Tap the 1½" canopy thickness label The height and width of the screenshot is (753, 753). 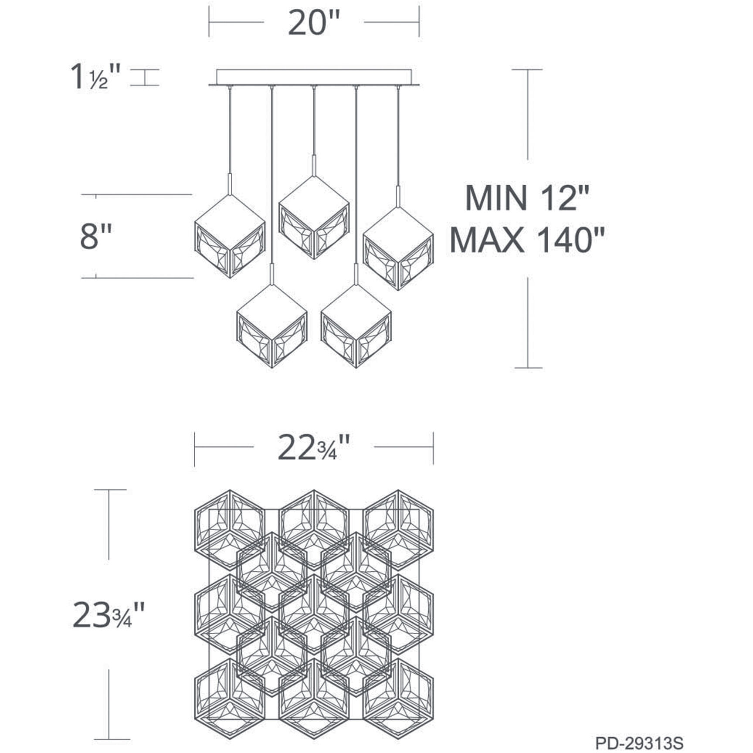click(x=95, y=77)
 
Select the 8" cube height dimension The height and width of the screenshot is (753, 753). click(x=96, y=237)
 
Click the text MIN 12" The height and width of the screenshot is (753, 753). click(x=527, y=198)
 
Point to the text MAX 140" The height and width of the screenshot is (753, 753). click(x=527, y=240)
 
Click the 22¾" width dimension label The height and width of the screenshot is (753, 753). click(x=313, y=448)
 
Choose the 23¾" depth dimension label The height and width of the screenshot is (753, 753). click(x=108, y=615)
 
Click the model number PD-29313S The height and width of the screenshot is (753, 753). click(x=639, y=743)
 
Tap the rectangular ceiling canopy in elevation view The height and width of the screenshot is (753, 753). click(x=314, y=77)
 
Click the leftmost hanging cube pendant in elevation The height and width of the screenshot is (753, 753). click(x=230, y=236)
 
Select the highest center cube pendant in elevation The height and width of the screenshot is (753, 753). click(x=314, y=217)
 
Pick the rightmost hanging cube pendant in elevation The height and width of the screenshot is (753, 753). click(x=398, y=248)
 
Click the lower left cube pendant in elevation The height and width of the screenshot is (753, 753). click(x=272, y=326)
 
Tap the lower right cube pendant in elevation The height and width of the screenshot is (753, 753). click(x=356, y=326)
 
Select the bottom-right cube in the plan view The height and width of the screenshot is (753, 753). click(x=398, y=698)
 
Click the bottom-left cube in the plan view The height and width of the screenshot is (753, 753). click(x=230, y=698)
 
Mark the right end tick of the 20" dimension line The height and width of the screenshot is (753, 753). click(x=419, y=22)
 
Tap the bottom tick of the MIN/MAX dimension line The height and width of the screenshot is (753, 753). click(x=528, y=368)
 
